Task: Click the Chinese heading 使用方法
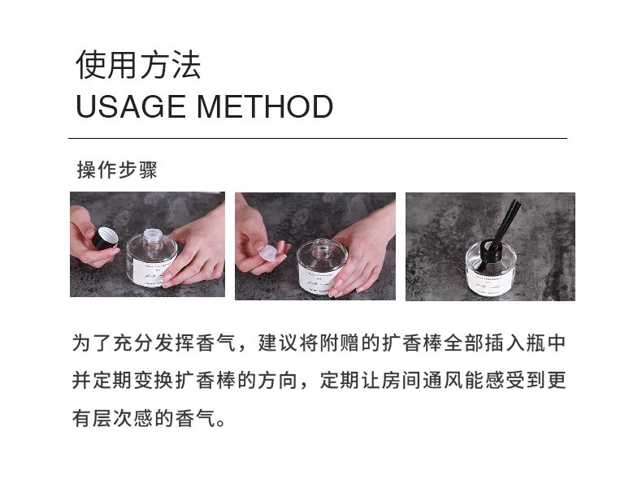coord(138,65)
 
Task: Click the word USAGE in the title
coord(131,106)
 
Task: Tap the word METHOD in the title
coord(265,106)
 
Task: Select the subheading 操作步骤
coord(117,170)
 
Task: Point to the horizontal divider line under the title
coord(318,138)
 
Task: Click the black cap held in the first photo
coord(104,239)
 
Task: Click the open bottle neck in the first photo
coord(150,235)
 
